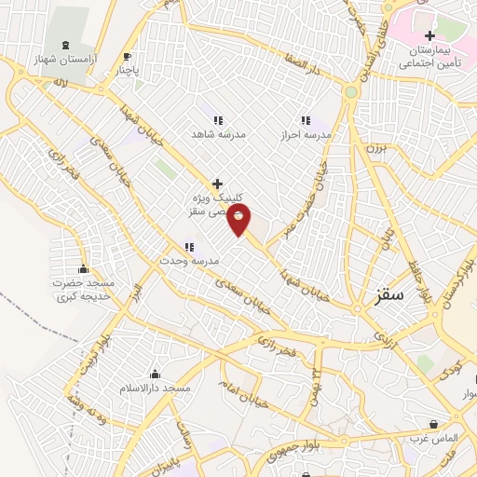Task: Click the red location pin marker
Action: tap(239, 220)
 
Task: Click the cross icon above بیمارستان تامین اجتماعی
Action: tap(429, 35)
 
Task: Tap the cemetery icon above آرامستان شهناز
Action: tap(64, 46)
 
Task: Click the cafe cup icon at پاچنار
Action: tap(128, 56)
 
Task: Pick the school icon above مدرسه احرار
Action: tap(304, 120)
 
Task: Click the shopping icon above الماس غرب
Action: tap(434, 425)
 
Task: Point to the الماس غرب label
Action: tap(433, 439)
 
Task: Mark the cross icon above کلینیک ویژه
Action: tap(217, 184)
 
